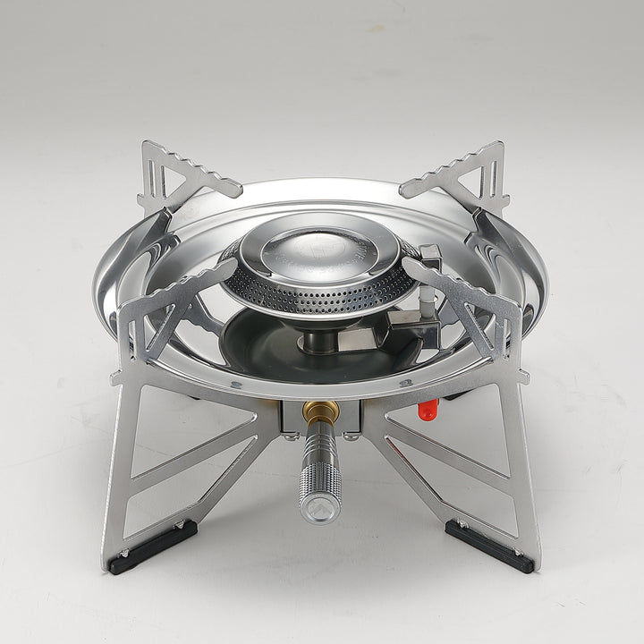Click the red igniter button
(x=428, y=410)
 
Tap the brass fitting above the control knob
(x=320, y=412)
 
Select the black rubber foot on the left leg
(x=152, y=547)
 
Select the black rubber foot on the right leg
(x=489, y=546)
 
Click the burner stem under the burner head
(x=320, y=339)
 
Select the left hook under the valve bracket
(x=292, y=433)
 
